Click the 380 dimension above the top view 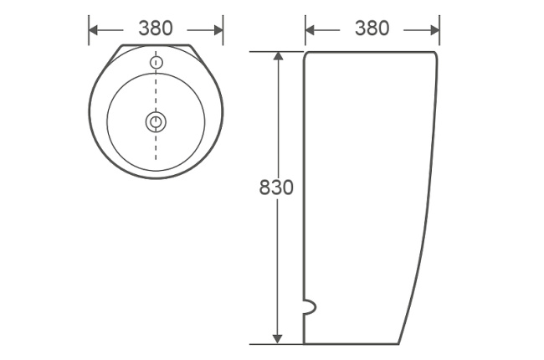click(x=156, y=28)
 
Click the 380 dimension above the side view click(x=372, y=28)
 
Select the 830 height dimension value click(x=276, y=188)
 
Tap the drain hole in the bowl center click(x=156, y=122)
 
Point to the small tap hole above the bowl click(x=156, y=62)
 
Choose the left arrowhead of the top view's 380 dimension click(x=93, y=29)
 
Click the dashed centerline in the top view click(x=156, y=92)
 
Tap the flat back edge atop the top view click(x=156, y=45)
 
